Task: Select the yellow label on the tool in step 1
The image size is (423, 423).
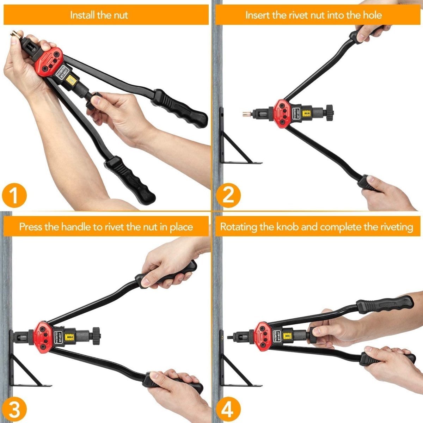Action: (x=72, y=80)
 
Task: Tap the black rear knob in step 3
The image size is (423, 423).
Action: (x=95, y=333)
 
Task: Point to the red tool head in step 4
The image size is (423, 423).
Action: (x=263, y=333)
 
